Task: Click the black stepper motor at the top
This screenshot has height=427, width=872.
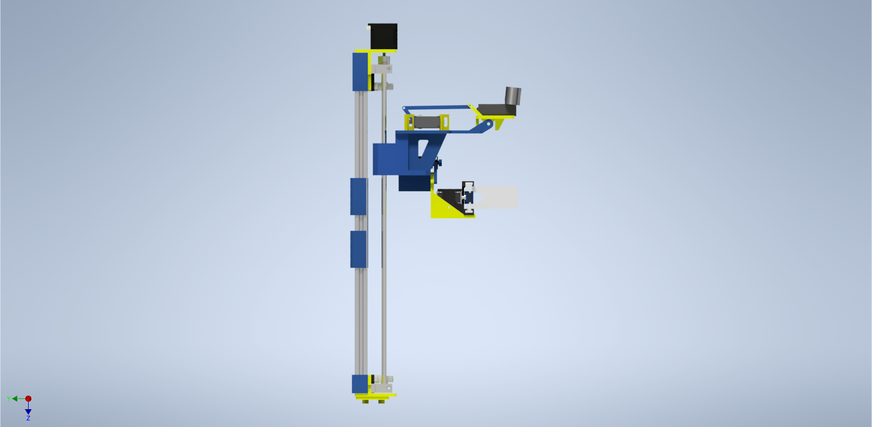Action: pos(383,36)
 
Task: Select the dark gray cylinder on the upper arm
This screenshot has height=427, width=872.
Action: pos(513,96)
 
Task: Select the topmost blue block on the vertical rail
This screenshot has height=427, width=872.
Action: pos(359,71)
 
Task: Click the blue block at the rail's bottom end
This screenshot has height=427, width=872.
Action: pos(359,384)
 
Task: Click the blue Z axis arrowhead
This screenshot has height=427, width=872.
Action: pos(28,411)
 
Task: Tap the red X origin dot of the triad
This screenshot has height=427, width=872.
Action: pos(28,398)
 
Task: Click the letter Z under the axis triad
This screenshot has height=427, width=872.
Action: pos(28,418)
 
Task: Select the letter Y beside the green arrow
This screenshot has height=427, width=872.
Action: pos(9,399)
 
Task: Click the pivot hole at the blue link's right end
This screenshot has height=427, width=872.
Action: pos(489,125)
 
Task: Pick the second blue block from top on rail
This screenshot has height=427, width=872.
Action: pos(359,196)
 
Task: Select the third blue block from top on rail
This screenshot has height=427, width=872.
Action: pos(359,249)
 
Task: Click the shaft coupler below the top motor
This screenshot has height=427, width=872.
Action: pos(383,59)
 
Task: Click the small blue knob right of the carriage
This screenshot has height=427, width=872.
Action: pos(437,162)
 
